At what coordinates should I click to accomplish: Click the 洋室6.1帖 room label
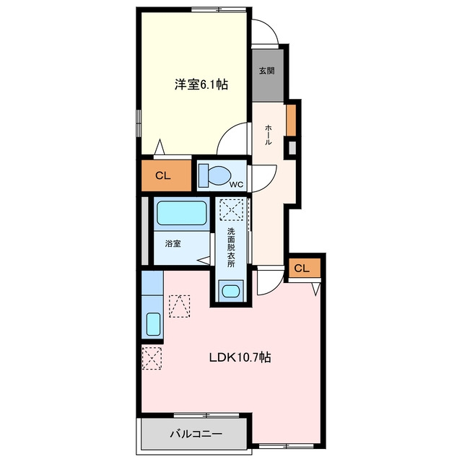click(x=201, y=85)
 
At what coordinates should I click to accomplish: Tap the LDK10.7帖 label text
click(x=240, y=358)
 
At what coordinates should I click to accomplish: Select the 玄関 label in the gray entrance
click(x=267, y=71)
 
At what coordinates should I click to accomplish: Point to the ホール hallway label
click(x=268, y=135)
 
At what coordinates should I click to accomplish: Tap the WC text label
click(x=237, y=185)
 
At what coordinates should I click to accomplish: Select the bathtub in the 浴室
click(x=181, y=213)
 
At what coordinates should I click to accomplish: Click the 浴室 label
click(x=173, y=244)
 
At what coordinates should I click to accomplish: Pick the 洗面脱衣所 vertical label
click(x=231, y=248)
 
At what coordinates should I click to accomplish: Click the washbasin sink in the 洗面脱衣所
click(x=231, y=292)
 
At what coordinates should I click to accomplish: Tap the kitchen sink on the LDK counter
click(x=153, y=324)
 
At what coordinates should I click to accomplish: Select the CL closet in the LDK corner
click(x=305, y=268)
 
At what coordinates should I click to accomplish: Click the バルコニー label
click(x=196, y=434)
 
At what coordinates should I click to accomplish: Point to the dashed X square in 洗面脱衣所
click(x=232, y=209)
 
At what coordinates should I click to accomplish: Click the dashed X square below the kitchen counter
click(x=152, y=358)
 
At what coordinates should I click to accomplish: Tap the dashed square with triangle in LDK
click(x=180, y=306)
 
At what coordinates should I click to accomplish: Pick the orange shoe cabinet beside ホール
click(x=291, y=121)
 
